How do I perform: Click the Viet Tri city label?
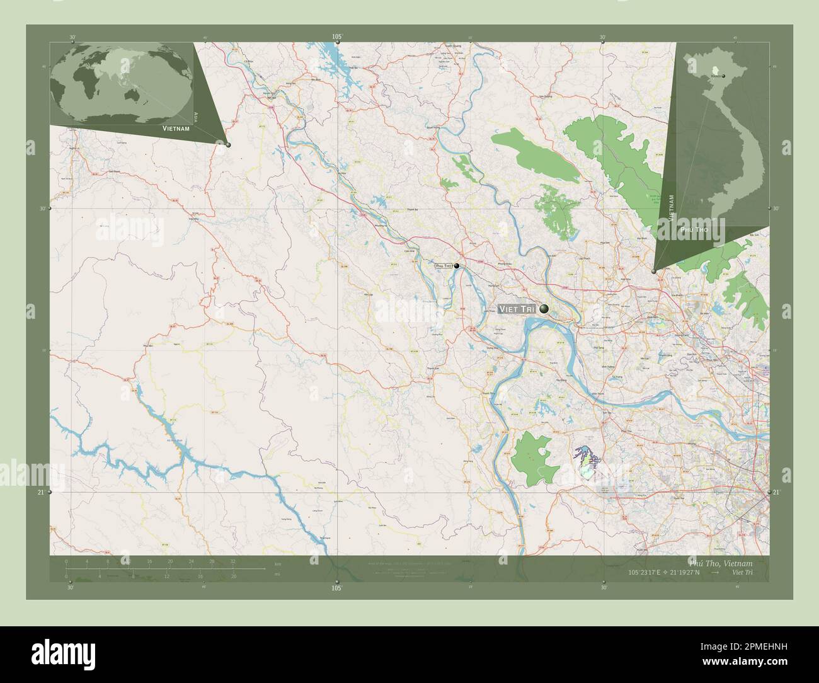[x=517, y=309]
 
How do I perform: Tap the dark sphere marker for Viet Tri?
[x=544, y=309]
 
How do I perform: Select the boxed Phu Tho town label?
[x=444, y=267]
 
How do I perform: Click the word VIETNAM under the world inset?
[x=176, y=128]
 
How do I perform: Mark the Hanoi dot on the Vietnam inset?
[x=723, y=76]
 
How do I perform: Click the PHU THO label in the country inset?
[x=694, y=231]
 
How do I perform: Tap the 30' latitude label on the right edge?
[x=776, y=209]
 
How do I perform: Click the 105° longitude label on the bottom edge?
[x=337, y=587]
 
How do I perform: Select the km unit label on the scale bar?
[x=276, y=563]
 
